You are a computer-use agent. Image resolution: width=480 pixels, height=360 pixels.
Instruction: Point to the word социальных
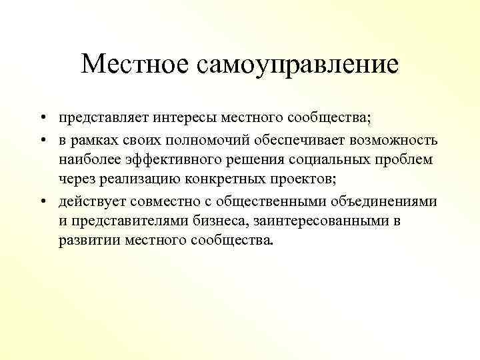(x=325, y=160)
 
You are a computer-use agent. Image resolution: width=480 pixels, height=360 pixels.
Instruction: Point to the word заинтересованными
(x=312, y=221)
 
